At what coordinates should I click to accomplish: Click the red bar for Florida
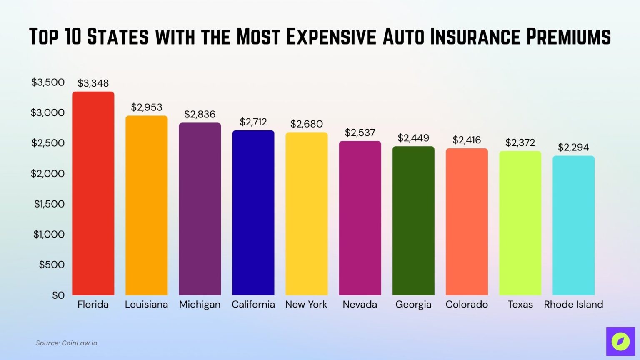(93, 194)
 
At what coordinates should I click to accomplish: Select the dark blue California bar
(253, 212)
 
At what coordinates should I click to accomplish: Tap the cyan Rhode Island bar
(573, 225)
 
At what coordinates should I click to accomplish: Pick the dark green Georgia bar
(413, 221)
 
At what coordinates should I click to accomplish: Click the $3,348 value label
(93, 83)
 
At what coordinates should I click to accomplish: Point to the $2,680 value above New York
(307, 124)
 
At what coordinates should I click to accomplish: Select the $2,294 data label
(573, 147)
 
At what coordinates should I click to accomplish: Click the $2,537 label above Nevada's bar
(360, 132)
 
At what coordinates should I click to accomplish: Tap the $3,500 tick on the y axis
(48, 82)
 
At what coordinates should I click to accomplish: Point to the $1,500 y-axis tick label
(49, 204)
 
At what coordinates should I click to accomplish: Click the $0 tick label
(58, 295)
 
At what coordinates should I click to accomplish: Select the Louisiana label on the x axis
(146, 305)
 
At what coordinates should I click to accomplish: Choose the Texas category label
(520, 305)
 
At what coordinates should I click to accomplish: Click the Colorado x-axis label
(467, 305)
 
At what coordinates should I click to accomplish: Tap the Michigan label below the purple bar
(200, 305)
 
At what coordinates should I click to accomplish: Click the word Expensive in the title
(331, 37)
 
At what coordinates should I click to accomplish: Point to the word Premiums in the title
(568, 37)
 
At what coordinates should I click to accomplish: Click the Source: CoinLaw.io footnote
(66, 343)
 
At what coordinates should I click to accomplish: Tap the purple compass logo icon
(620, 342)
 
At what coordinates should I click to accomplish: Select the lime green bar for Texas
(520, 223)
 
